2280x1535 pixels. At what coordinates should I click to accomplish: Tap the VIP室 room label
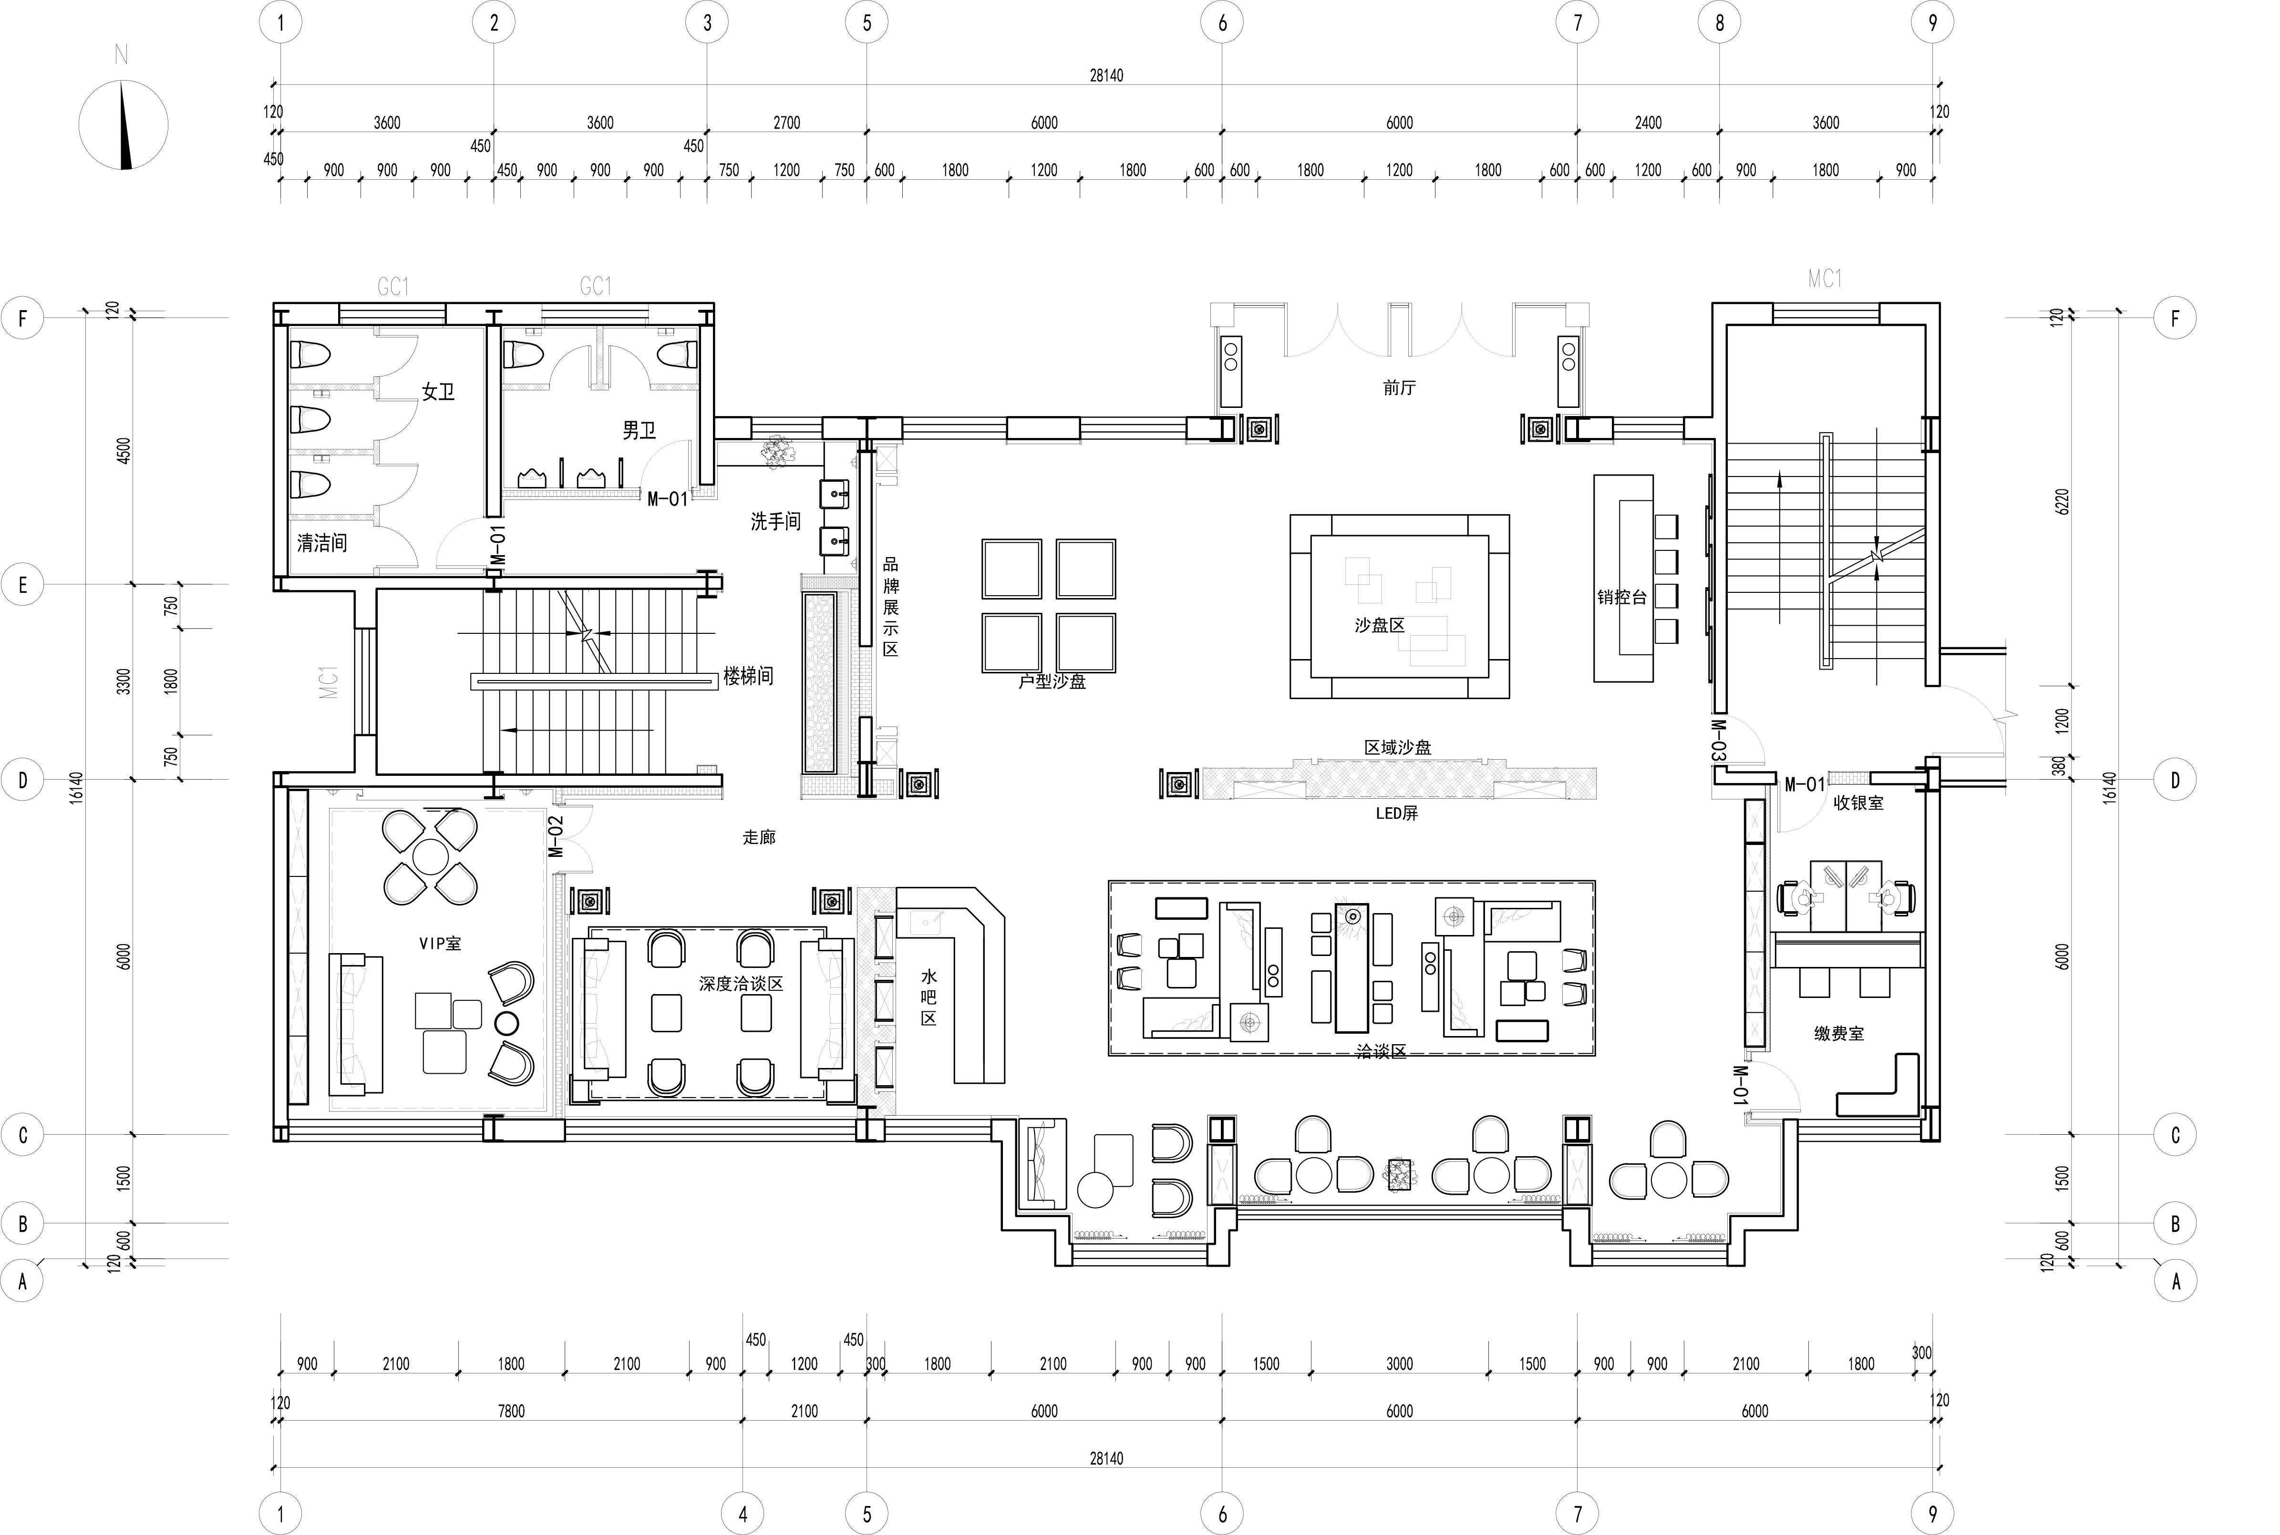click(x=440, y=944)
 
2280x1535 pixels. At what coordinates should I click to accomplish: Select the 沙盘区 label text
click(x=1380, y=625)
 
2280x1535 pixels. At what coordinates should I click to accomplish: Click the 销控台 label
click(x=1622, y=596)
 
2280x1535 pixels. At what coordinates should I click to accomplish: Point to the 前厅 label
click(x=1400, y=387)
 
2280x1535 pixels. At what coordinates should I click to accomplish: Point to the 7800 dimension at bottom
click(x=511, y=1411)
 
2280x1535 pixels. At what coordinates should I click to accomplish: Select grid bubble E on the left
click(x=22, y=585)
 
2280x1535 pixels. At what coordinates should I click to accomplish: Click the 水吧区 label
click(x=929, y=997)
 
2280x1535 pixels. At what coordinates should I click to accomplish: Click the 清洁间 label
click(x=322, y=542)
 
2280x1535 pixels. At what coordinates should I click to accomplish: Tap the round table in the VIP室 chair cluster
click(x=430, y=856)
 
